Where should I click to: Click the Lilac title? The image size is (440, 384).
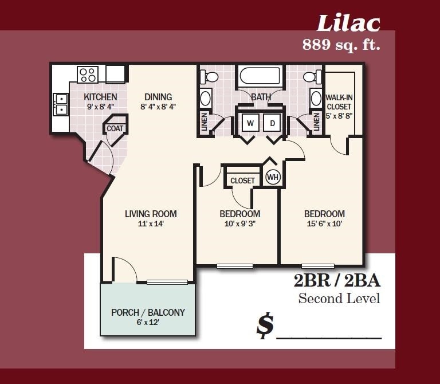348,23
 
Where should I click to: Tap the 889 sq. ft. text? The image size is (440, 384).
341,44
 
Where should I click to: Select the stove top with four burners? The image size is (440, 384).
88,75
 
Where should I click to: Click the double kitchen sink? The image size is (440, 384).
61,104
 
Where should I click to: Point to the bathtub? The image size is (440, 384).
261,76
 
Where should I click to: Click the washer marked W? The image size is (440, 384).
250,123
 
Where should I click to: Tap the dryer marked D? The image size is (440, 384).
272,123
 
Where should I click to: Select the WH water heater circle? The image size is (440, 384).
273,177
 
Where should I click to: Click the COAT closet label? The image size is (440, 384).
115,128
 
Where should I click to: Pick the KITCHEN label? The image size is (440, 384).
100,97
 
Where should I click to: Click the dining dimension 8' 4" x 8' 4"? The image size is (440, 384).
158,107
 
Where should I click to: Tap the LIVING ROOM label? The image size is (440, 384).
151,214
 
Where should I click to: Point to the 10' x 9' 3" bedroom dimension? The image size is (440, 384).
240,224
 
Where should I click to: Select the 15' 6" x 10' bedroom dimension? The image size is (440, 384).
325,224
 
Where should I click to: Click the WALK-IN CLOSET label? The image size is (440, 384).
339,102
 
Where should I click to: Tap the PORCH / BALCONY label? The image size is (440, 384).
148,312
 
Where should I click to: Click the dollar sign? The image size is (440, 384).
265,326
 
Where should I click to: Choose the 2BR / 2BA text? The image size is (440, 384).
337,281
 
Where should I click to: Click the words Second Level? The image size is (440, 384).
339,299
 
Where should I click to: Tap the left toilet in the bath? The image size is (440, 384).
210,76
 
